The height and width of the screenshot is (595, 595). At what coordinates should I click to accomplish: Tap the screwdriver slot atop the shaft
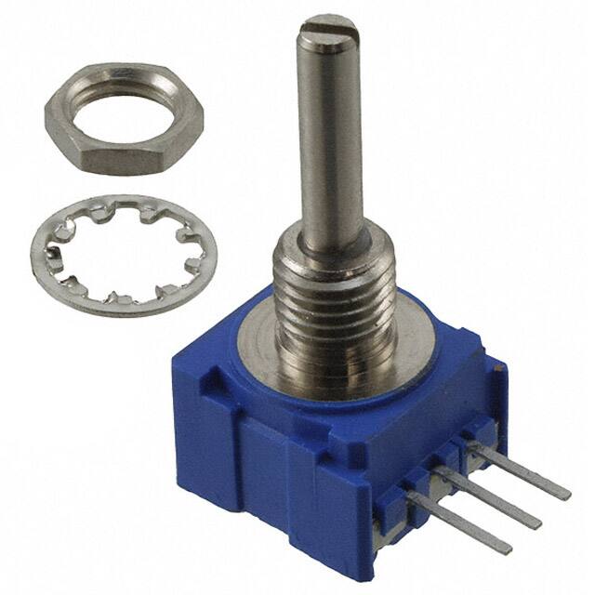(332, 24)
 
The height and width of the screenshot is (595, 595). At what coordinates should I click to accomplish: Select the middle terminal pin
(493, 498)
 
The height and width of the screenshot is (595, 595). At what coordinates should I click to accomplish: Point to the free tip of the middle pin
(536, 523)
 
